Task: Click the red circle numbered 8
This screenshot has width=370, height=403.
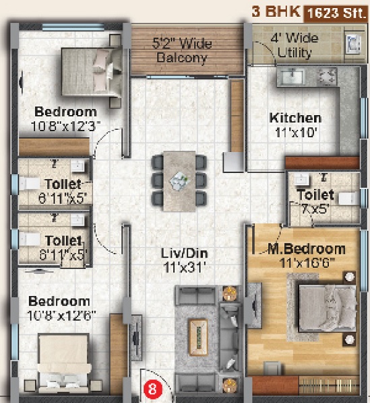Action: click(x=153, y=388)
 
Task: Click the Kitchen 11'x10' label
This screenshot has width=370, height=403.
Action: click(x=295, y=124)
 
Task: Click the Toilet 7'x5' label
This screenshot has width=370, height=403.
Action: click(x=315, y=202)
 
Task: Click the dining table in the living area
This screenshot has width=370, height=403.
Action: click(x=179, y=178)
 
